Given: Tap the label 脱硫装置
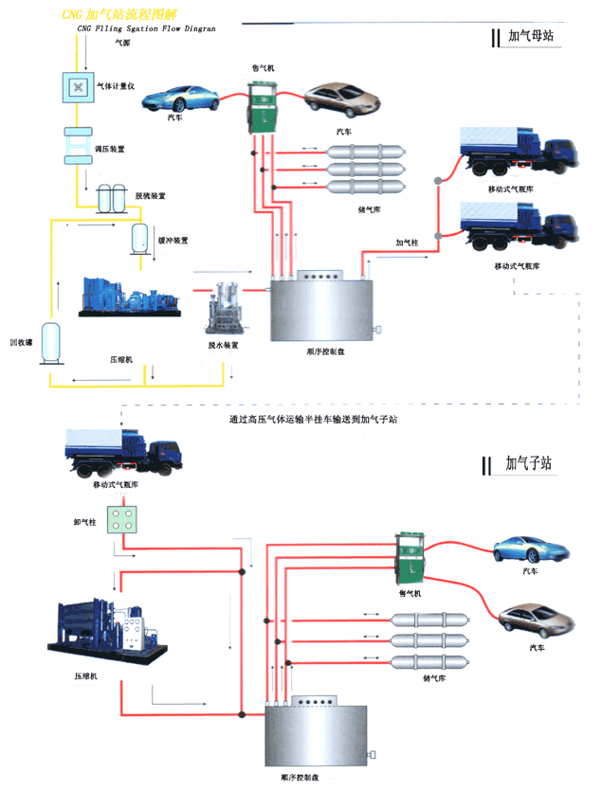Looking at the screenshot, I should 150,195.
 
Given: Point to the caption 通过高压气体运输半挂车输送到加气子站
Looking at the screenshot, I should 312,419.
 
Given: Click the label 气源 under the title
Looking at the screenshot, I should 123,42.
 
